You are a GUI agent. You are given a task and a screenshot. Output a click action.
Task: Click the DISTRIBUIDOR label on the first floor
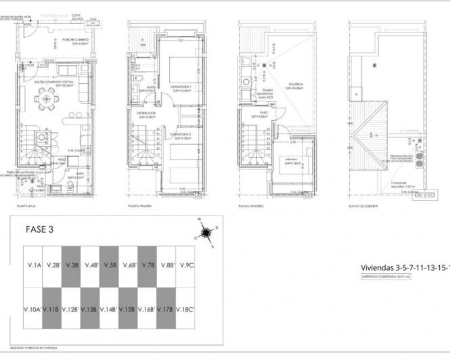click(x=147, y=113)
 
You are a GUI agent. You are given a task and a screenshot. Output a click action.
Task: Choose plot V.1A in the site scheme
click(x=34, y=265)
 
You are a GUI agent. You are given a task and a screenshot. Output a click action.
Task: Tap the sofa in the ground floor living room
click(x=69, y=70)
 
